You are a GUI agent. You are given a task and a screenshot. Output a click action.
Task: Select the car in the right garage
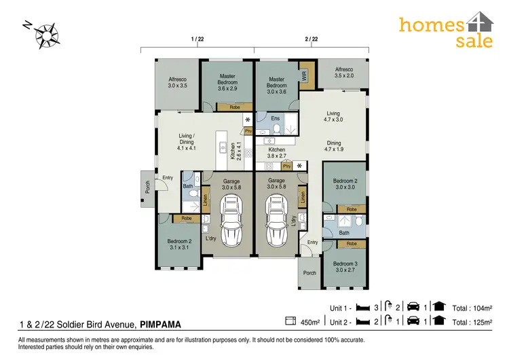pos(276,219)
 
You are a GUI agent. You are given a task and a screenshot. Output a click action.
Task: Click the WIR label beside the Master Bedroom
pos(305,76)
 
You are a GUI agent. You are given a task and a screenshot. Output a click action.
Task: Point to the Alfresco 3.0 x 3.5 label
pos(177,83)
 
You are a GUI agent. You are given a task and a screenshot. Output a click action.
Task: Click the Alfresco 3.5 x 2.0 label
pos(344,73)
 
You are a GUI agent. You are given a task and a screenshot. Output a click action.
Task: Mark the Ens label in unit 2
pos(276,119)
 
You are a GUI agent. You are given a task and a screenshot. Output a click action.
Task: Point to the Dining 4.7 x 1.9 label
pos(333,145)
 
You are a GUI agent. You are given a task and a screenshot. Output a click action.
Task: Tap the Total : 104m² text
pos(472,306)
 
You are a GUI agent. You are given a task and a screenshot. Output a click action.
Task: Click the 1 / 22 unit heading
pos(197,39)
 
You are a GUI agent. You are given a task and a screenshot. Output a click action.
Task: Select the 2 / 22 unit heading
pos(312,39)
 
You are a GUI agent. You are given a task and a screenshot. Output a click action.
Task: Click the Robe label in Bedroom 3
pos(351,244)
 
